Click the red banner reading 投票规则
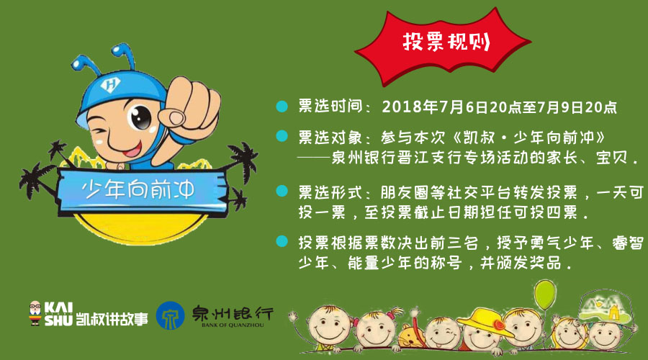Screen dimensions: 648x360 point(442,45)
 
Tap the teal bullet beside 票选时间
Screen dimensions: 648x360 point(282,107)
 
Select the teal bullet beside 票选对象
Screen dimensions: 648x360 point(282,136)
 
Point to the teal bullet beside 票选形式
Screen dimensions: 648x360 point(282,191)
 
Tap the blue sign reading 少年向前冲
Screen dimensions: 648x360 point(140,191)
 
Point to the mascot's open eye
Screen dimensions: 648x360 point(140,116)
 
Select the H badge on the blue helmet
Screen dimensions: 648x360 point(111,85)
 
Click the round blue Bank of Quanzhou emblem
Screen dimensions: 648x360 point(170,316)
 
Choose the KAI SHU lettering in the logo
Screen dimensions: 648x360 point(58,314)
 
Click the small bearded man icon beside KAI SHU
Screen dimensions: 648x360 point(35,313)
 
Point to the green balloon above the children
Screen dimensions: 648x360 point(545,294)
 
